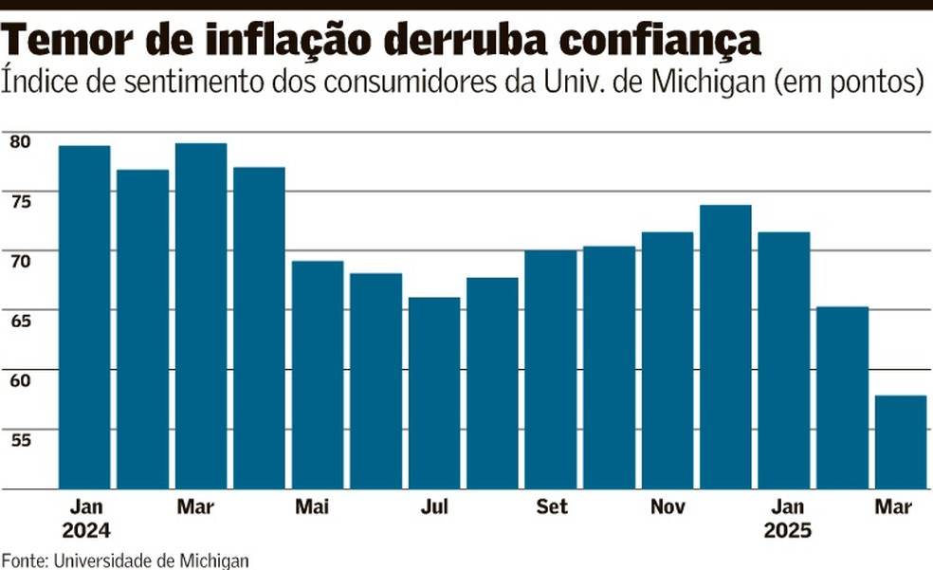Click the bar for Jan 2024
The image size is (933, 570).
[x=84, y=318]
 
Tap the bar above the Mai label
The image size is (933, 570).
[x=318, y=375]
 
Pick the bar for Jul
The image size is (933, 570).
[x=434, y=393]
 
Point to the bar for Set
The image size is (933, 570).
[x=551, y=370]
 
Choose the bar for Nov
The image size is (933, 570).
[x=668, y=360]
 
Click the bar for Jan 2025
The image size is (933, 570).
[x=784, y=360]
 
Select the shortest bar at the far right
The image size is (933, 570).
[x=900, y=442]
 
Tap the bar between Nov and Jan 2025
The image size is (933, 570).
[x=725, y=347]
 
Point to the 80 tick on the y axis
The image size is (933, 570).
[x=20, y=141]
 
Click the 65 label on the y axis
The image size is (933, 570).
[x=20, y=319]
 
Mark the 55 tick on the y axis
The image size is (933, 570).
[x=20, y=437]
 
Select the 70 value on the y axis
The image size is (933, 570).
[x=20, y=259]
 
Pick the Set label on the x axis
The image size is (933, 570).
[x=551, y=507]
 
